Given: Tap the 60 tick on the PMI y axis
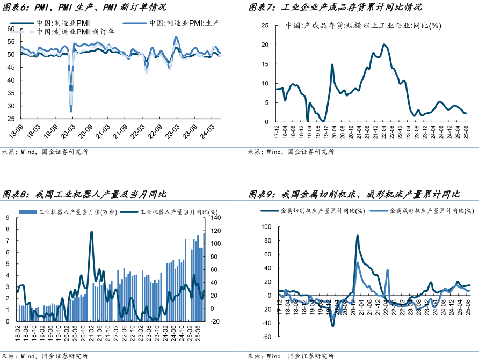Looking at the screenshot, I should (x=11, y=28).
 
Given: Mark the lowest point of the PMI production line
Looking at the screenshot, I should (x=71, y=111).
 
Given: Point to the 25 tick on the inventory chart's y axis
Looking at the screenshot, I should (x=265, y=25).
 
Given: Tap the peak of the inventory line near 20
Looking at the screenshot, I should (x=384, y=45).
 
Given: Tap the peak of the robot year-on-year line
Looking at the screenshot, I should (x=91, y=232).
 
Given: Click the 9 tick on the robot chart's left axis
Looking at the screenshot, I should (x=8, y=218).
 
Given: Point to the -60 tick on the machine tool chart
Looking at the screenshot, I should (x=267, y=337).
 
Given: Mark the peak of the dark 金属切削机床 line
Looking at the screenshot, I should (x=357, y=236).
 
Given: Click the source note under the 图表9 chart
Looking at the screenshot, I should (x=291, y=356).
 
